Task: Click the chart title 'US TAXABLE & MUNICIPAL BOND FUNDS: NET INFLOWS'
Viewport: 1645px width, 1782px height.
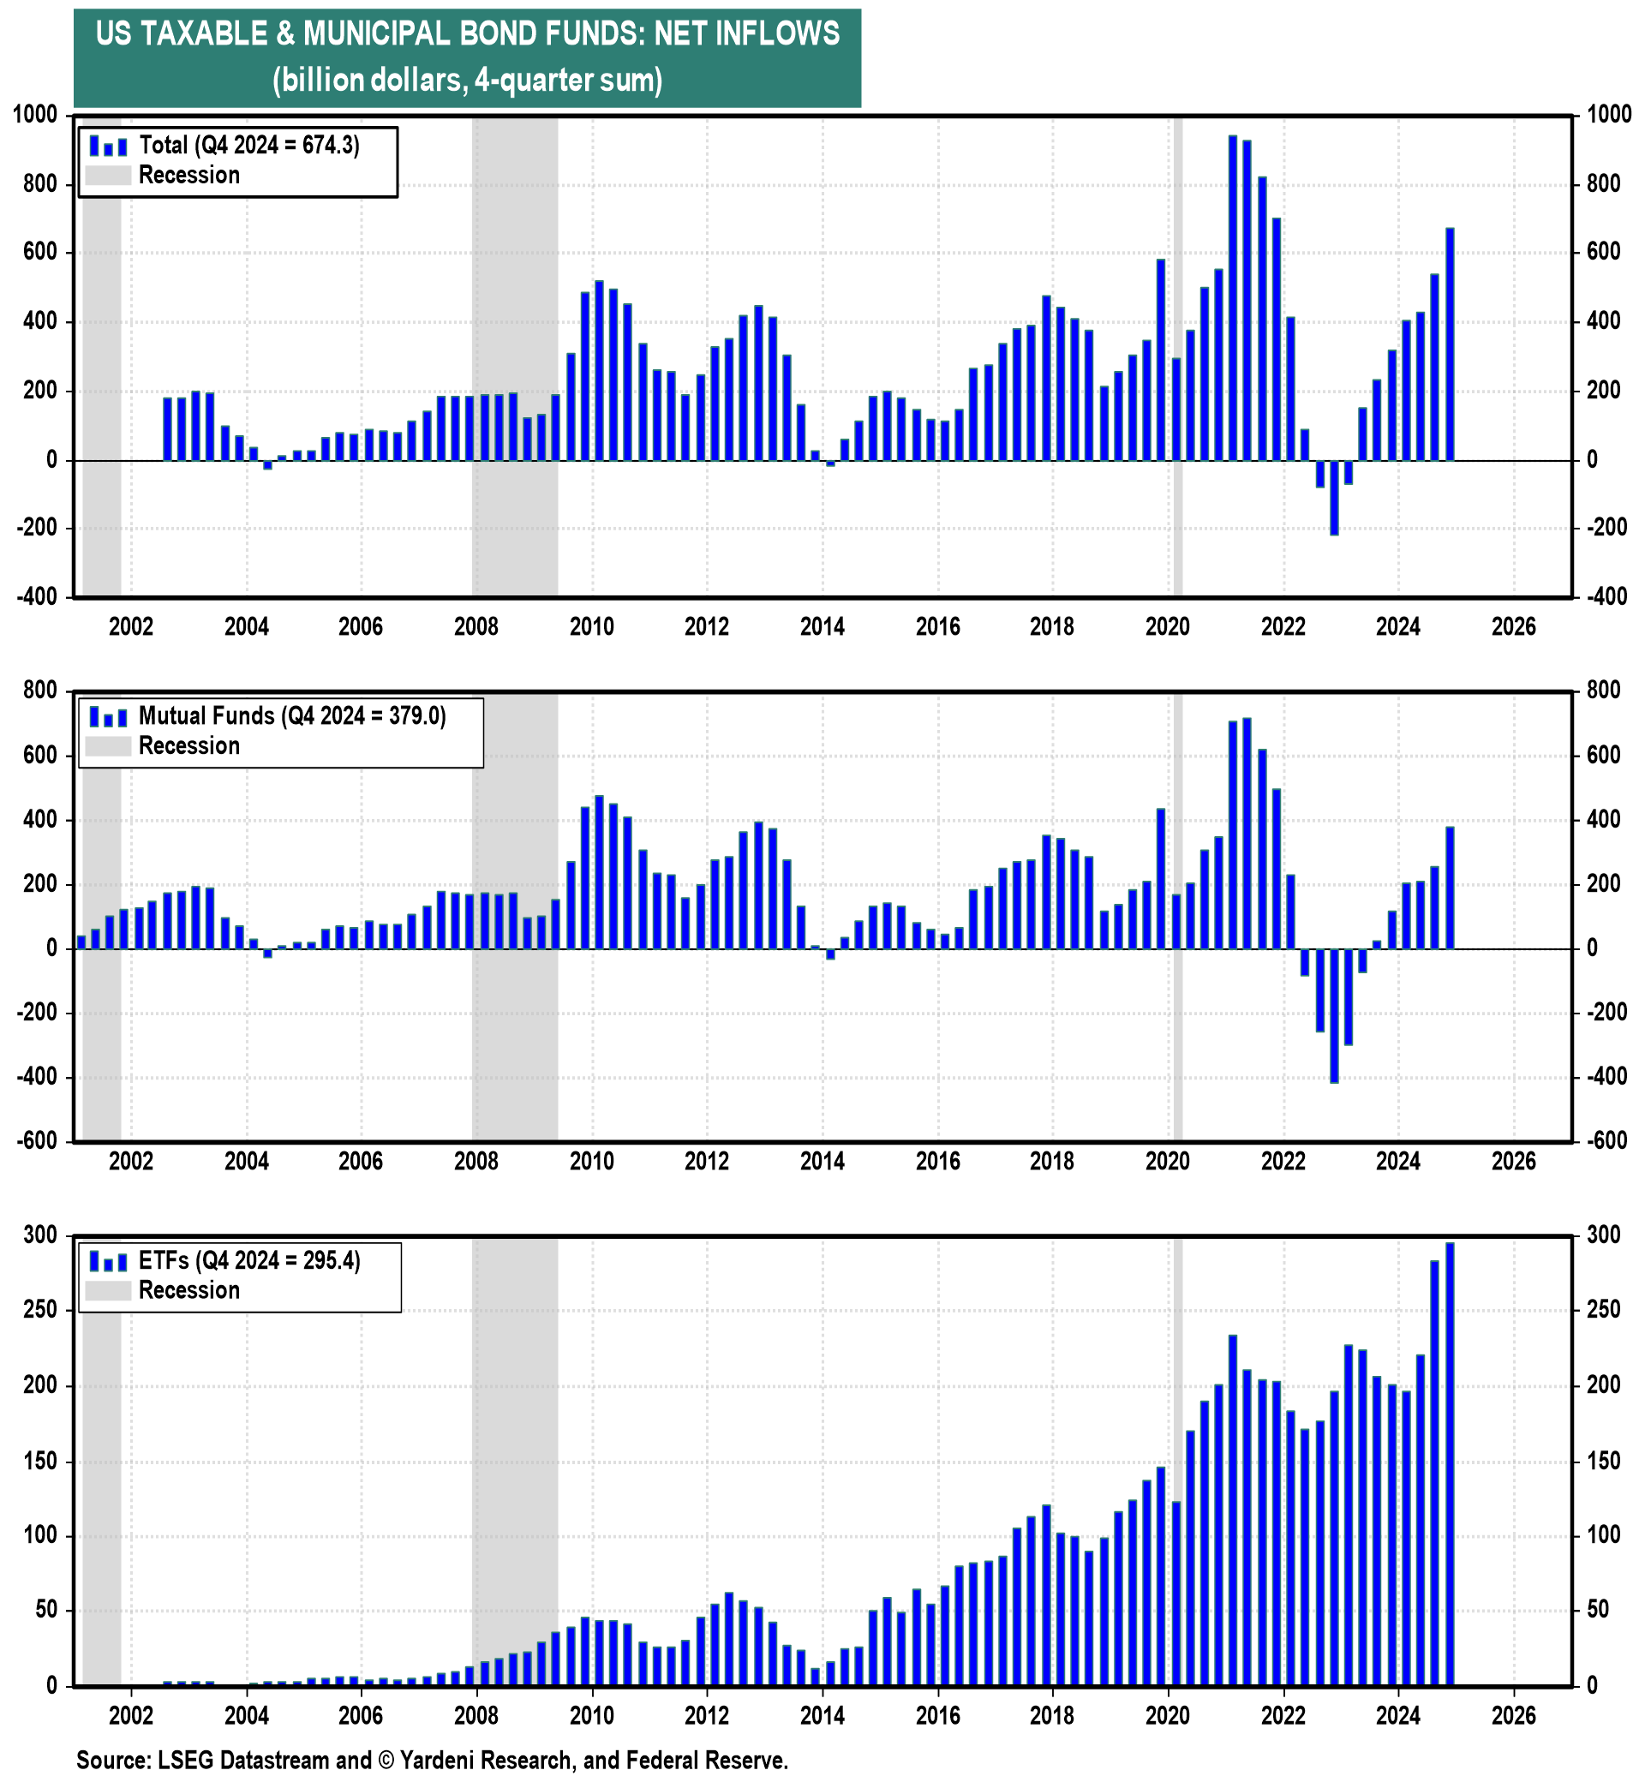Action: point(467,33)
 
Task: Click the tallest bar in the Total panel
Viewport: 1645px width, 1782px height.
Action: point(1233,298)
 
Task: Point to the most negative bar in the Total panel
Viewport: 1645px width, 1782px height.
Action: point(1333,498)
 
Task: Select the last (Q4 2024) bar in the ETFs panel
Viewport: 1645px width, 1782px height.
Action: point(1450,1463)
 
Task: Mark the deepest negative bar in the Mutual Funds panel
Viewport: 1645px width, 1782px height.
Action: point(1333,1015)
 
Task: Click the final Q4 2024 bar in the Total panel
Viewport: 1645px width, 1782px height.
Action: point(1450,344)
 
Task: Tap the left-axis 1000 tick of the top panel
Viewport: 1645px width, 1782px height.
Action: point(36,115)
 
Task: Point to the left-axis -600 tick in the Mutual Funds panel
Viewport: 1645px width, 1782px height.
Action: point(36,1141)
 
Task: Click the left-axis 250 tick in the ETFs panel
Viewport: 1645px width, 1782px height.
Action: point(41,1310)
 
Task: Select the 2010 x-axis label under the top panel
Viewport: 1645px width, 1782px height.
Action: point(592,626)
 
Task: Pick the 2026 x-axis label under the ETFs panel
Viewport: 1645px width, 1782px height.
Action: point(1513,1715)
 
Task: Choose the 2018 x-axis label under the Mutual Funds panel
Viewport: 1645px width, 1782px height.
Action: point(1052,1162)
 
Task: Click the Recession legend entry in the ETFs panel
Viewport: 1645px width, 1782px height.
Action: point(188,1289)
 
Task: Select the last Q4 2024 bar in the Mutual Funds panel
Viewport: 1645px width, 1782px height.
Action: point(1450,888)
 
